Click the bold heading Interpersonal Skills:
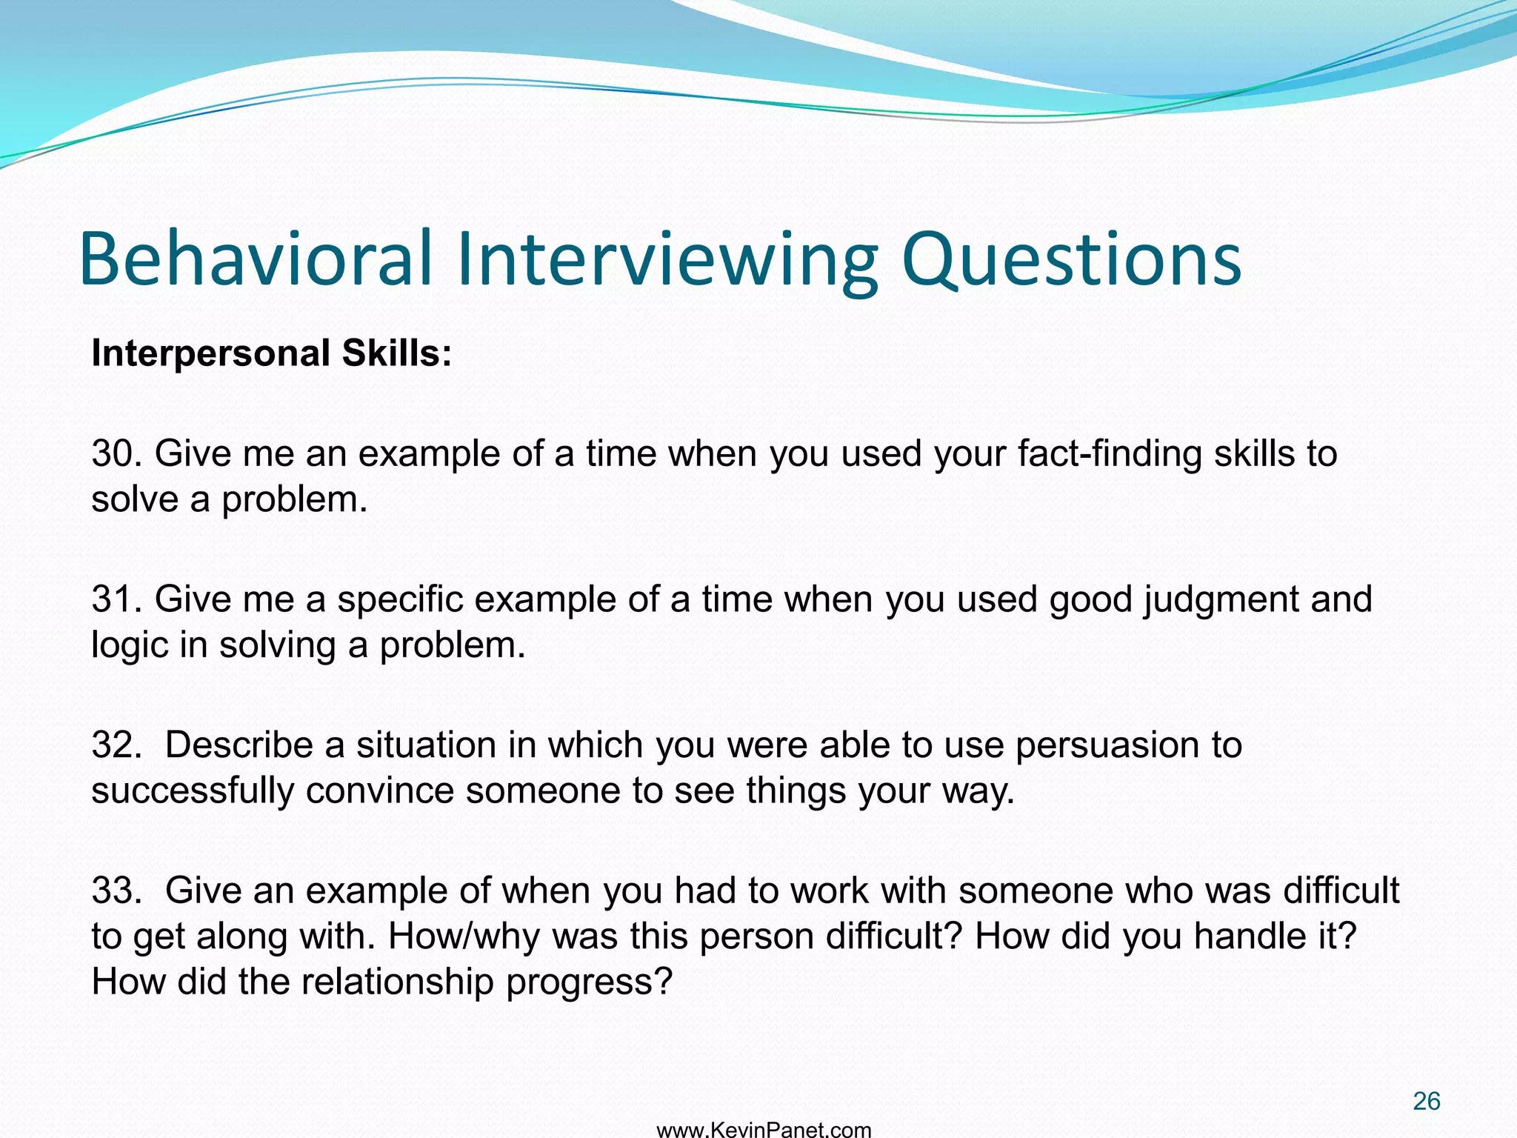[x=271, y=353]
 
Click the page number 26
[x=1426, y=1101]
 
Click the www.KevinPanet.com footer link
[x=764, y=1130]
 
